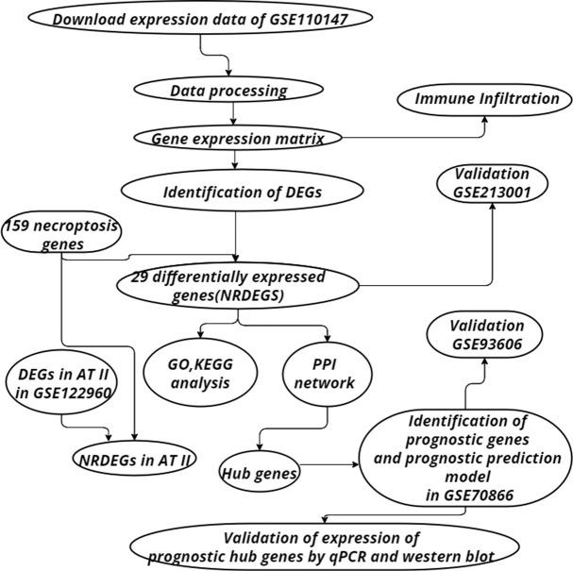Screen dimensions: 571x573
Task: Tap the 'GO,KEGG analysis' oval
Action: (x=194, y=374)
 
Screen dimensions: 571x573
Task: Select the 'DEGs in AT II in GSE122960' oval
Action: (x=61, y=388)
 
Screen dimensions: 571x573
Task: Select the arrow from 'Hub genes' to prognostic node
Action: (x=332, y=465)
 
